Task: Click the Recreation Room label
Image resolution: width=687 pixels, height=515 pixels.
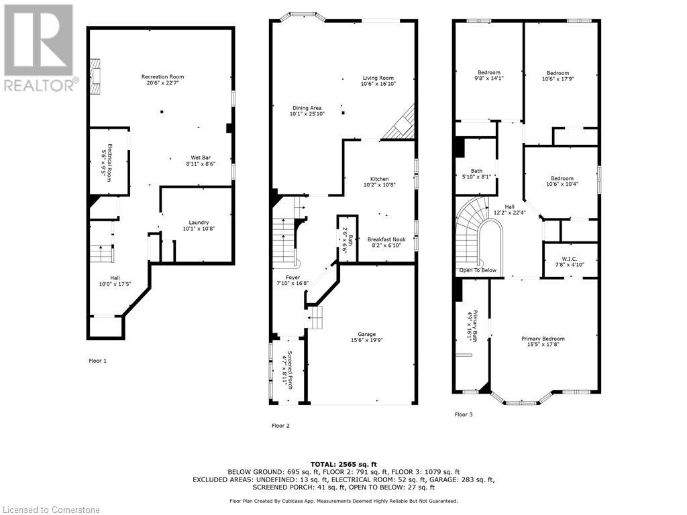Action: coord(162,77)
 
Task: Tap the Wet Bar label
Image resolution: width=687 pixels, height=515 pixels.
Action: coord(201,158)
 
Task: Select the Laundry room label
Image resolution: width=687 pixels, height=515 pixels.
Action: coord(199,223)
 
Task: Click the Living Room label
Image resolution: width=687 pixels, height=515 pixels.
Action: coord(378,78)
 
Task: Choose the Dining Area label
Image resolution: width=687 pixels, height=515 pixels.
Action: coord(307,108)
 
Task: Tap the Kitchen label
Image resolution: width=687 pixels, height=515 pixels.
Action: coord(380,179)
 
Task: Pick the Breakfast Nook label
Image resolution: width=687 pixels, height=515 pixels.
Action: coord(386,239)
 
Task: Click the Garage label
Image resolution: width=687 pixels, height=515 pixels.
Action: coord(367,335)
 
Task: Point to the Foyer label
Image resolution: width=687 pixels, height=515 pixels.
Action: coord(293,277)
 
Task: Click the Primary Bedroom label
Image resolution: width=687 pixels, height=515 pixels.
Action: coord(543,339)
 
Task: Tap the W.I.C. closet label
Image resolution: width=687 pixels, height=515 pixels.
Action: coord(570,259)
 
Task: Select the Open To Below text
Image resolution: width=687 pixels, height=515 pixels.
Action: coord(478,270)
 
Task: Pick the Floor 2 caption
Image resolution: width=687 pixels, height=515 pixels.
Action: coord(280,426)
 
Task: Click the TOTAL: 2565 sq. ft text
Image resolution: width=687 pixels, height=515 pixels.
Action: coord(343,464)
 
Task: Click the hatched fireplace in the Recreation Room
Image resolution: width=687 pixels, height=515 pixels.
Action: coord(95,76)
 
